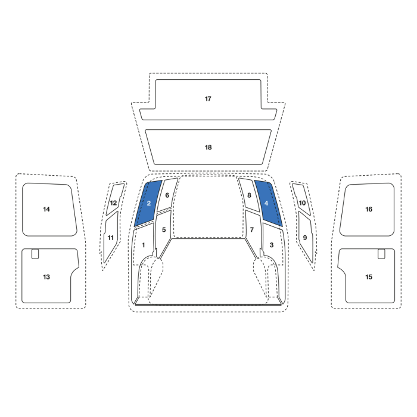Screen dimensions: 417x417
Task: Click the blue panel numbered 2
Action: tap(148, 204)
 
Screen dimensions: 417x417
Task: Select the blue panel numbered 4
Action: tap(268, 204)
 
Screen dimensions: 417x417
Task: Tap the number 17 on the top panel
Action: tap(208, 99)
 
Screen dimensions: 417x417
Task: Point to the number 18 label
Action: tap(208, 147)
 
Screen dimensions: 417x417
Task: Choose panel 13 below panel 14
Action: tap(48, 276)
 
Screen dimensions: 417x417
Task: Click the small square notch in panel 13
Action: tap(35, 254)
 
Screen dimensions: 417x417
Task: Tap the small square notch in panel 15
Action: tap(381, 254)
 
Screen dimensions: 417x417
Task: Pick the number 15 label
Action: tap(369, 277)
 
